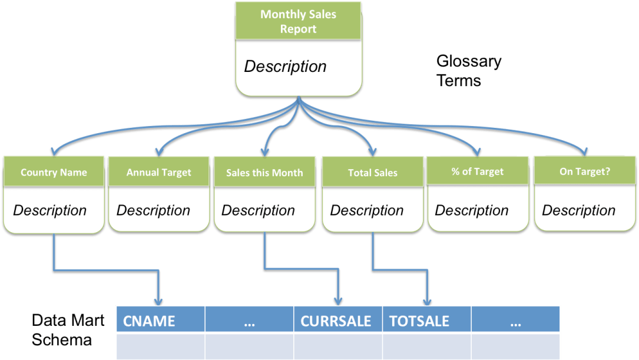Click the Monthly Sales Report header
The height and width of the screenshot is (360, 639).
tap(298, 21)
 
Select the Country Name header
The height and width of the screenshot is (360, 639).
tap(54, 173)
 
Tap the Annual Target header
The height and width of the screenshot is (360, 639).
tap(159, 173)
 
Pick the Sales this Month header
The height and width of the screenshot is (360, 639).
tap(264, 173)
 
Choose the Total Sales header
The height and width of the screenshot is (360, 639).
tap(373, 173)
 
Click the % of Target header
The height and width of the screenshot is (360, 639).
tap(478, 171)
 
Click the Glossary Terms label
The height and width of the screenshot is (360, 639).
tap(469, 71)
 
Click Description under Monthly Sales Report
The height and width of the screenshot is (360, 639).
tap(285, 67)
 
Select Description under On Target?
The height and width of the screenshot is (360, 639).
tap(578, 210)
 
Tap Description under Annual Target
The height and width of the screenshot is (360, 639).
tap(153, 210)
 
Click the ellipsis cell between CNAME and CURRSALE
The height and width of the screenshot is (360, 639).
tap(249, 321)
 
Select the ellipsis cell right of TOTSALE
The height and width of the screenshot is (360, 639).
tap(515, 321)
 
